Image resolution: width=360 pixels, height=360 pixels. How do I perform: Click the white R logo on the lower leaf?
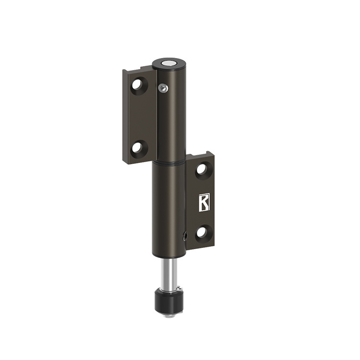204,203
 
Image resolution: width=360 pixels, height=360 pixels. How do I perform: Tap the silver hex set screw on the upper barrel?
163,87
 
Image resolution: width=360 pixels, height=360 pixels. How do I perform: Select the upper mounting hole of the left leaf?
139,85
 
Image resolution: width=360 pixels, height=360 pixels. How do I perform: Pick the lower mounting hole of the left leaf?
139,148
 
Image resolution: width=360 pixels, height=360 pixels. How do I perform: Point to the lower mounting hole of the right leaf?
202,233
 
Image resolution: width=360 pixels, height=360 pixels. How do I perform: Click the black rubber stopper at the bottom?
170,301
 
